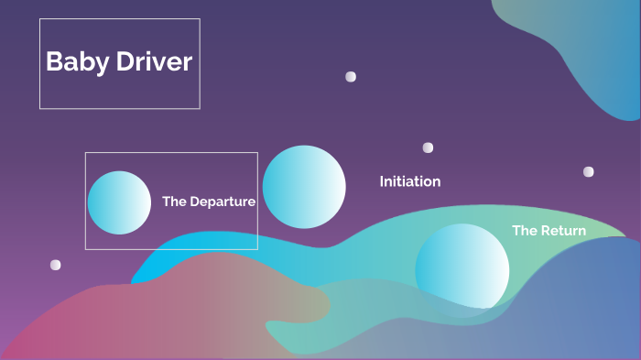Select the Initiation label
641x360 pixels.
tap(410, 181)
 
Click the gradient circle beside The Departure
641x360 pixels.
tap(119, 202)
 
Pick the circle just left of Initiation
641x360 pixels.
tap(304, 187)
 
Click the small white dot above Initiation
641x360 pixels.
tap(428, 147)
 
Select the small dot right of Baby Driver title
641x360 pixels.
tap(351, 77)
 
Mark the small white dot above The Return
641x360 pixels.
tap(588, 171)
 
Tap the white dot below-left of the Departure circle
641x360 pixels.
tap(55, 265)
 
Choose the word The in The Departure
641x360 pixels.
tap(174, 202)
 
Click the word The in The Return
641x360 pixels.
tap(525, 231)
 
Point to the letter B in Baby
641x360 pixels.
tap(53, 62)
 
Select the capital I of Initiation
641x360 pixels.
tap(382, 181)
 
